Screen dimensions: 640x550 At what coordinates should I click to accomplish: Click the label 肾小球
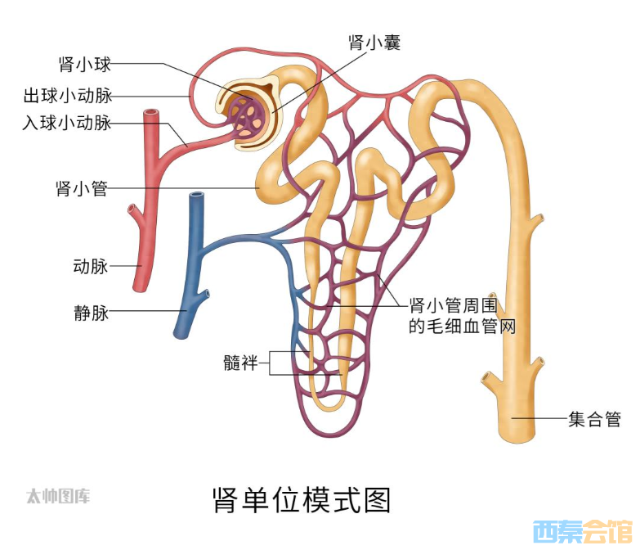(85, 65)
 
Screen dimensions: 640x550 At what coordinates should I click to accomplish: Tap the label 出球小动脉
(68, 96)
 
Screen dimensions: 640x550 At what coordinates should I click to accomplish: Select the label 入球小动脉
(67, 122)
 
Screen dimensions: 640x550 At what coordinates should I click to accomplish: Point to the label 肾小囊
(374, 42)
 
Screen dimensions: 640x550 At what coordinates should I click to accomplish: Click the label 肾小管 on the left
(82, 188)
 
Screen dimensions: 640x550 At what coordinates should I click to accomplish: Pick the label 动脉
(91, 266)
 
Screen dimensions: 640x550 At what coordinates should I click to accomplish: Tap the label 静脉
(92, 313)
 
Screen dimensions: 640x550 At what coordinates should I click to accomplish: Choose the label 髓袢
(241, 363)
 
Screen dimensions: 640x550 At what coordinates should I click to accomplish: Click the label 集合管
(595, 419)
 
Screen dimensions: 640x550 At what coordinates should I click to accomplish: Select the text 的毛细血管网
(463, 327)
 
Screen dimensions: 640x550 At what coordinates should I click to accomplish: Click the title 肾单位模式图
(302, 500)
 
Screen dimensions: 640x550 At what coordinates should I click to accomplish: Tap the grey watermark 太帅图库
(58, 497)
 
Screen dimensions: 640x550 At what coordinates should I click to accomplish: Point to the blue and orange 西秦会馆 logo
(584, 531)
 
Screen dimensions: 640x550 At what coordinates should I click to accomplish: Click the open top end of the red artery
(151, 112)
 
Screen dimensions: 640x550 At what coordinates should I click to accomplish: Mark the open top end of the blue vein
(197, 196)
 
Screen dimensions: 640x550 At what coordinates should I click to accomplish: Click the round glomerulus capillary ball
(245, 117)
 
